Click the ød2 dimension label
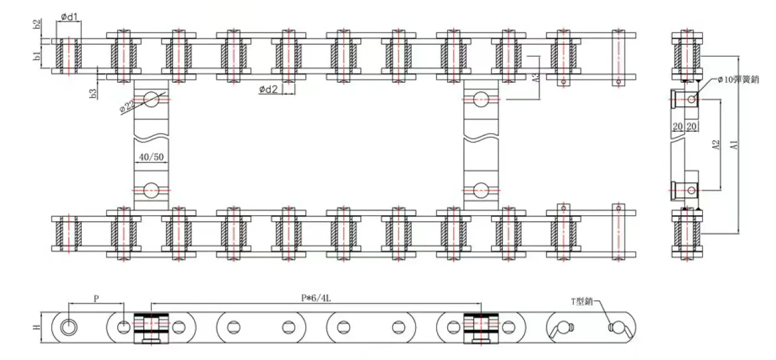coord(269,89)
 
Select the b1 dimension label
coord(37,57)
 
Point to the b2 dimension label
coord(37,25)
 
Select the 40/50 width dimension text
coord(151,158)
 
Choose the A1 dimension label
coord(734,145)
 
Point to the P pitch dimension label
coord(96,299)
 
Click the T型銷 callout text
coord(582,301)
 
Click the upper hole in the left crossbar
coord(151,99)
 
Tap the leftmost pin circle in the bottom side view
coord(69,326)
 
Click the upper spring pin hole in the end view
coord(692,99)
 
